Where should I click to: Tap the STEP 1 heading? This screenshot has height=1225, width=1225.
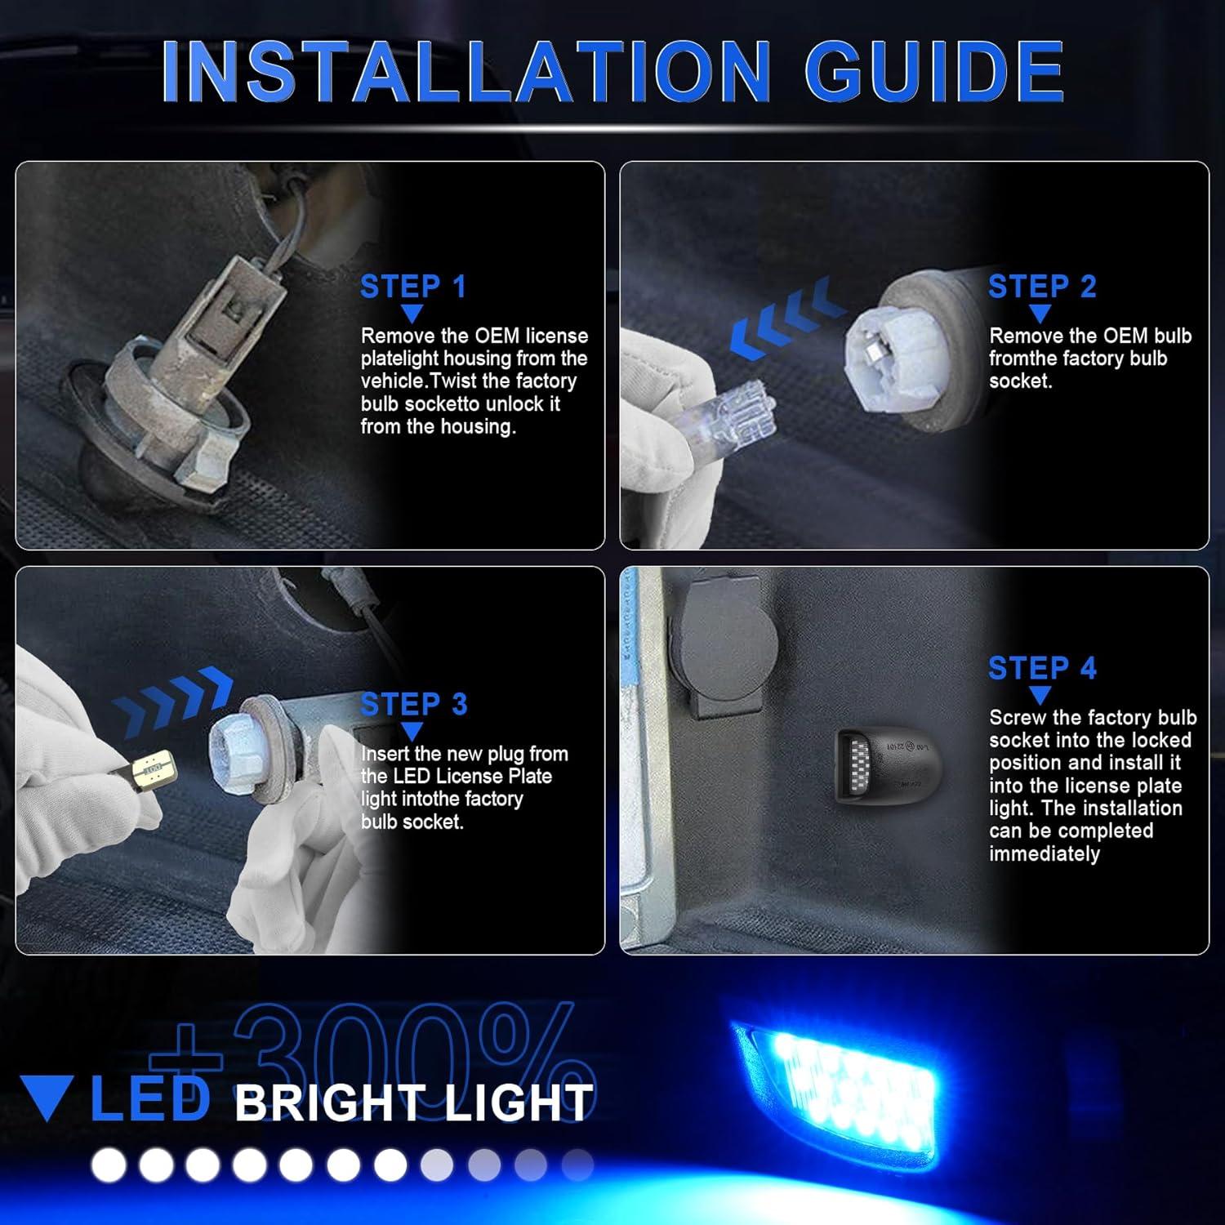pyautogui.click(x=412, y=287)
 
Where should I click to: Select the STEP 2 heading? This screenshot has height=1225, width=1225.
pyautogui.click(x=1041, y=287)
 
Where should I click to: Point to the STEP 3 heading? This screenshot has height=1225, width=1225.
pyautogui.click(x=413, y=704)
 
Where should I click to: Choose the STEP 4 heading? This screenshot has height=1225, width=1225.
pyautogui.click(x=1041, y=668)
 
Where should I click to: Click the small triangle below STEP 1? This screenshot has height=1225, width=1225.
pyautogui.click(x=412, y=314)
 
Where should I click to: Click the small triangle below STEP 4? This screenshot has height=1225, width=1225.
pyautogui.click(x=1040, y=696)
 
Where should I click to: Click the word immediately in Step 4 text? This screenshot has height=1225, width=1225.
pyautogui.click(x=1044, y=854)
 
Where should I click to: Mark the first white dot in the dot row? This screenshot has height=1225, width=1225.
pyautogui.click(x=108, y=1165)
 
